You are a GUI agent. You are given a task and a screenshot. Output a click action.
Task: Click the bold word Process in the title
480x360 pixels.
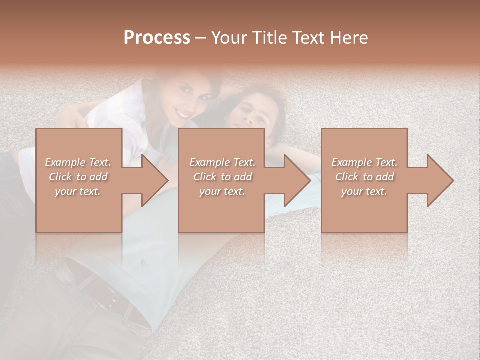(x=157, y=38)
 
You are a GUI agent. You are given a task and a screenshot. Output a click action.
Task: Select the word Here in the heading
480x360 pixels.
(x=349, y=38)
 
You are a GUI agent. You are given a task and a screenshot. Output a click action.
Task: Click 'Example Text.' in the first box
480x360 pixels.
(x=78, y=162)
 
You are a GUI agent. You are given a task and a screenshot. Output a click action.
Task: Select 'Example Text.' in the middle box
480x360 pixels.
(x=222, y=162)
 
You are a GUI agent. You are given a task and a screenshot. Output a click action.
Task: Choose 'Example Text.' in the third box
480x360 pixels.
(x=364, y=162)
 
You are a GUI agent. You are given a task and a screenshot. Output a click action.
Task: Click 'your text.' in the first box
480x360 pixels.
(x=78, y=191)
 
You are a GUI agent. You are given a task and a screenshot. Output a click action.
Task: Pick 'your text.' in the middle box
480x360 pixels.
(x=222, y=191)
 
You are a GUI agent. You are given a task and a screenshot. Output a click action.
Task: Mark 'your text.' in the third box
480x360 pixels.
(x=364, y=191)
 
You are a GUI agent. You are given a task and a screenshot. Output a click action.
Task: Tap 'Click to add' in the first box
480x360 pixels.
(x=78, y=177)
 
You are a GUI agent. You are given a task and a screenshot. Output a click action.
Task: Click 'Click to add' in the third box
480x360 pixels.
(x=364, y=177)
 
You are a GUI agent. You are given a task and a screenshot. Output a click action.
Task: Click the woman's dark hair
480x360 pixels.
(x=210, y=80)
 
